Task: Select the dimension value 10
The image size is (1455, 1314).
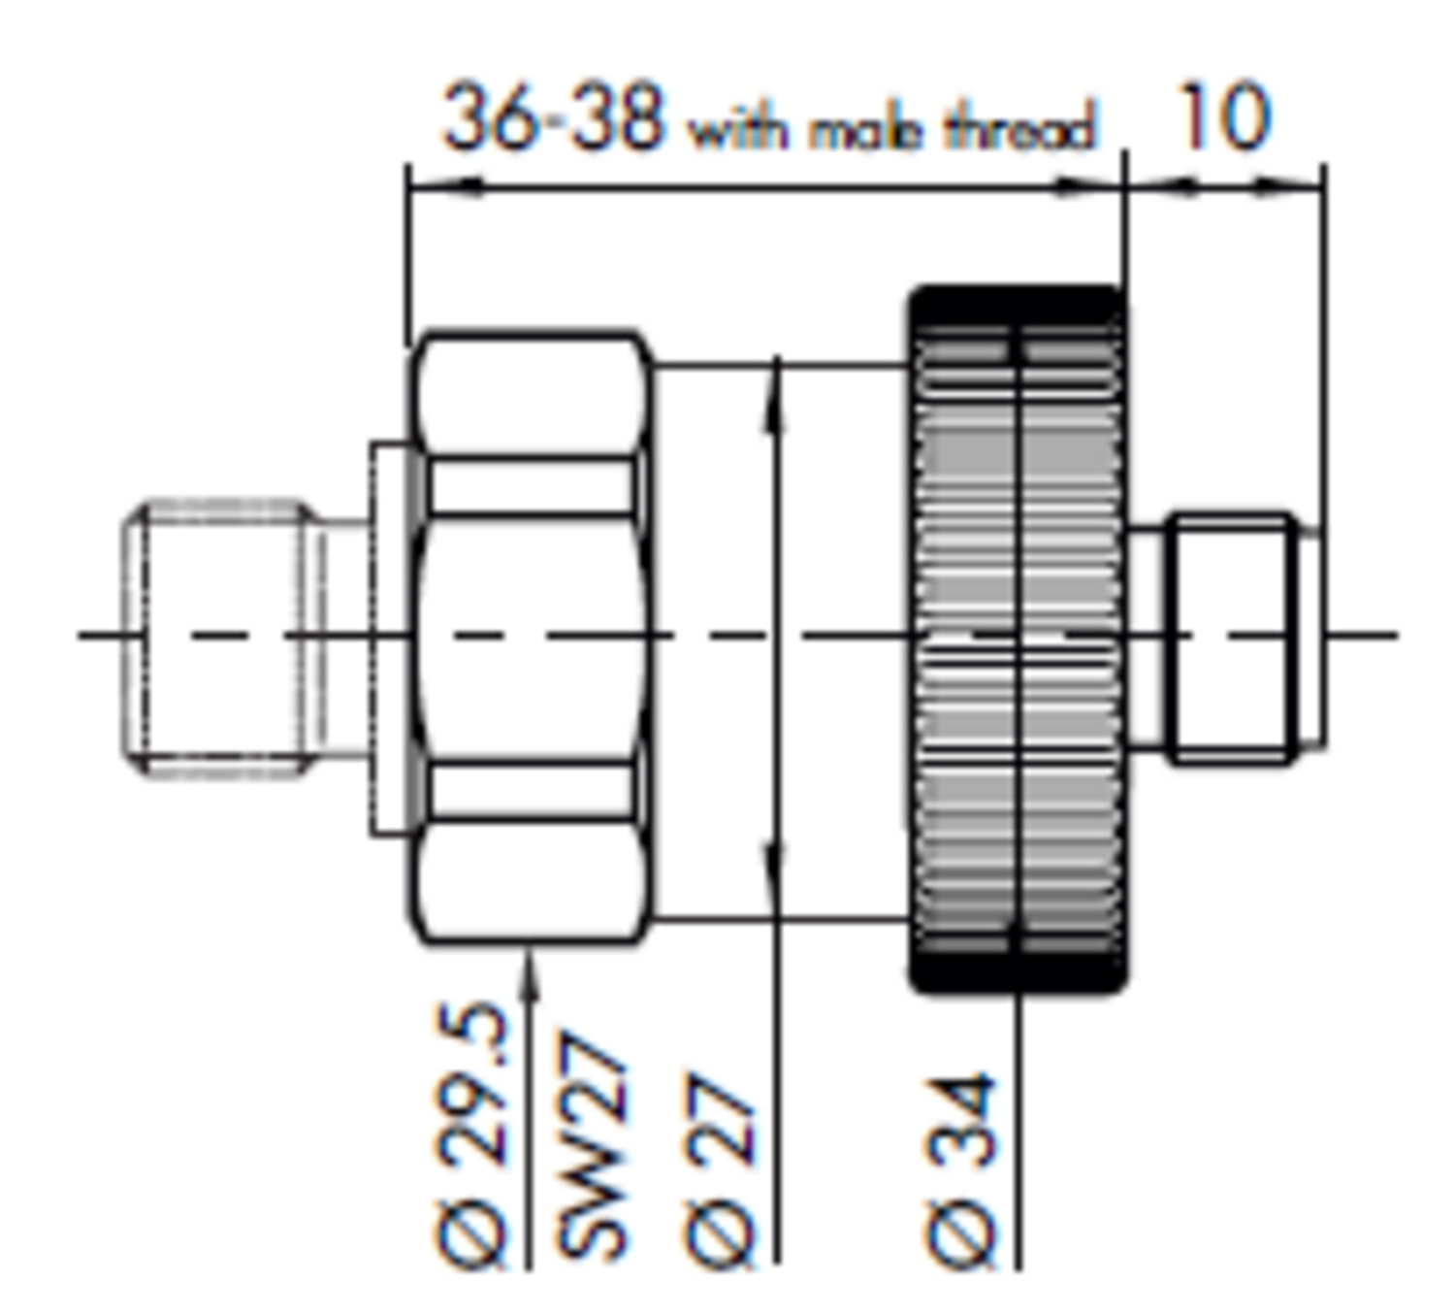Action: (1222, 116)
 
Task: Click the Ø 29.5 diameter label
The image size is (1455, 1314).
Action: (473, 1135)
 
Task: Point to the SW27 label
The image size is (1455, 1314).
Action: (594, 1145)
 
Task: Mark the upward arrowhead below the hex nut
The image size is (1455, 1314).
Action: (529, 966)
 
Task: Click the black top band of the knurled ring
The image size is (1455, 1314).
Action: (1017, 303)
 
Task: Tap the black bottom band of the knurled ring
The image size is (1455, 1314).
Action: (1017, 973)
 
